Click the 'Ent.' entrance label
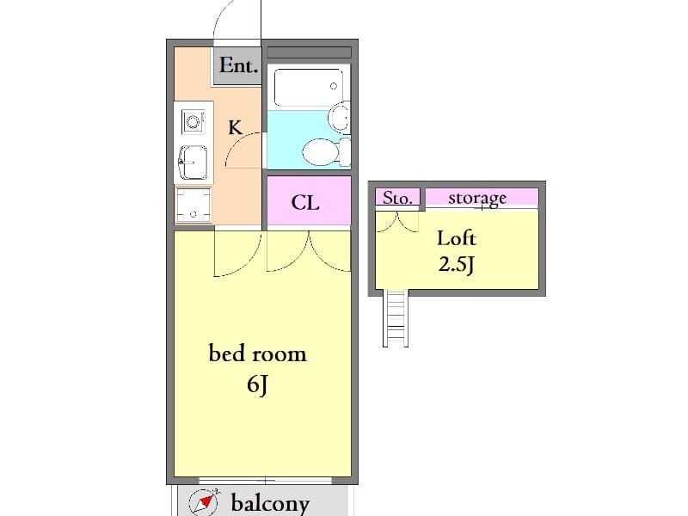pyautogui.click(x=238, y=65)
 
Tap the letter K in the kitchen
pyautogui.click(x=235, y=127)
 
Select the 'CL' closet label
pyautogui.click(x=305, y=202)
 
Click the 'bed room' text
pyautogui.click(x=257, y=353)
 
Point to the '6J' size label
pyautogui.click(x=257, y=384)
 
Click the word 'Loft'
pyautogui.click(x=457, y=238)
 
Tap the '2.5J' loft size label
pyautogui.click(x=457, y=264)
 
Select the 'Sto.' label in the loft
pyautogui.click(x=397, y=198)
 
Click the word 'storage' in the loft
pyautogui.click(x=477, y=199)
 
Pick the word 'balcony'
pyautogui.click(x=270, y=503)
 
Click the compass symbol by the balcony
pyautogui.click(x=204, y=501)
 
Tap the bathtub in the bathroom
pyautogui.click(x=309, y=87)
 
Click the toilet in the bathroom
pyautogui.click(x=326, y=152)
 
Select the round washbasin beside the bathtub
pyautogui.click(x=340, y=117)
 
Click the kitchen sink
pyautogui.click(x=193, y=163)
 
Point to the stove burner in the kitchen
pyautogui.click(x=193, y=121)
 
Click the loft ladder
pyautogui.click(x=396, y=318)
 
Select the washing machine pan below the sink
pyautogui.click(x=193, y=205)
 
